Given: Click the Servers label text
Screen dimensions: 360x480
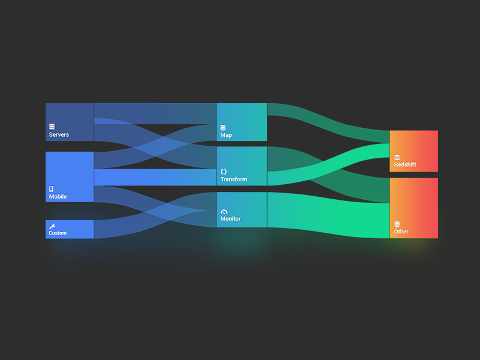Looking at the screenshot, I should (59, 135).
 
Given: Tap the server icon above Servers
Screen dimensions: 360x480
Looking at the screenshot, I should (52, 127).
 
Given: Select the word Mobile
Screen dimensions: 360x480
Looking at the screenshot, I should (58, 197).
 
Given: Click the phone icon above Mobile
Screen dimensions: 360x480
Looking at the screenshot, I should (51, 189).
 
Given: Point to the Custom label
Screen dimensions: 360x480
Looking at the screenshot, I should (58, 233).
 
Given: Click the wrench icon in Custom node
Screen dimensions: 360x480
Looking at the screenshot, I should (52, 226).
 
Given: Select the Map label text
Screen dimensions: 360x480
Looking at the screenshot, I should (226, 136).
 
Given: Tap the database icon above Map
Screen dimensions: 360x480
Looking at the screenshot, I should (223, 128).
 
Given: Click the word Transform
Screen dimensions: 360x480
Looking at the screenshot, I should (233, 179).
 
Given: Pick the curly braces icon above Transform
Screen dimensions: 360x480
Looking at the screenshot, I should (224, 172).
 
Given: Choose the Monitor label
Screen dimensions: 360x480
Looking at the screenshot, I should (230, 219).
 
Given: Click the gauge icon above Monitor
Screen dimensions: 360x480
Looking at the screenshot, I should (224, 212).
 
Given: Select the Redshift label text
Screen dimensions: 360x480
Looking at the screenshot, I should (405, 165).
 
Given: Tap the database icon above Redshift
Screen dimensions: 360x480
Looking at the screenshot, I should (397, 157).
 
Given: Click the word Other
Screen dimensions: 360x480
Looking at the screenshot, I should (401, 232).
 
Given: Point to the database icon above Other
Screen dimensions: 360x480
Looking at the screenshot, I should (397, 224).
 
